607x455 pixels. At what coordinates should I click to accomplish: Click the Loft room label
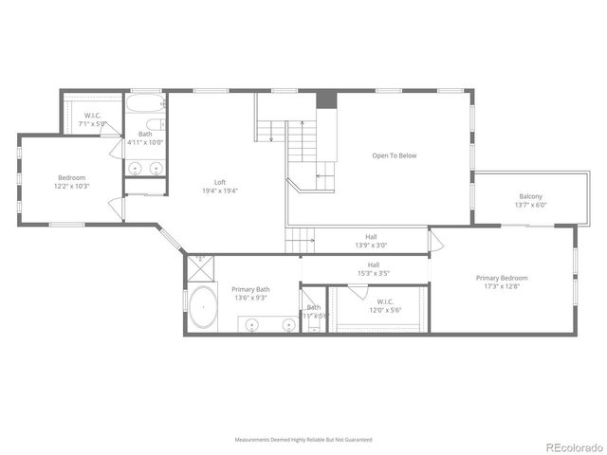pos(219,183)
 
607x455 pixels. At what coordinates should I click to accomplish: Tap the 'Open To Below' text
pos(394,155)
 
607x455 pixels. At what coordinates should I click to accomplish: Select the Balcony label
pos(530,196)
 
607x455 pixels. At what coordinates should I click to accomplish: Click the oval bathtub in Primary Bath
pos(203,311)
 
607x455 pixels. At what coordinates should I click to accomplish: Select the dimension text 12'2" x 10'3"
pos(72,187)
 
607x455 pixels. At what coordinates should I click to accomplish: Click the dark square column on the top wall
pos(325,99)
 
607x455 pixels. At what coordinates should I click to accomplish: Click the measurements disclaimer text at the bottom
pos(303,440)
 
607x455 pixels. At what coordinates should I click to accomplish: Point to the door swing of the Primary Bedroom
pos(436,241)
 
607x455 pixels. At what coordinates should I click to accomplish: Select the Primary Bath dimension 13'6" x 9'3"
pos(251,298)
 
